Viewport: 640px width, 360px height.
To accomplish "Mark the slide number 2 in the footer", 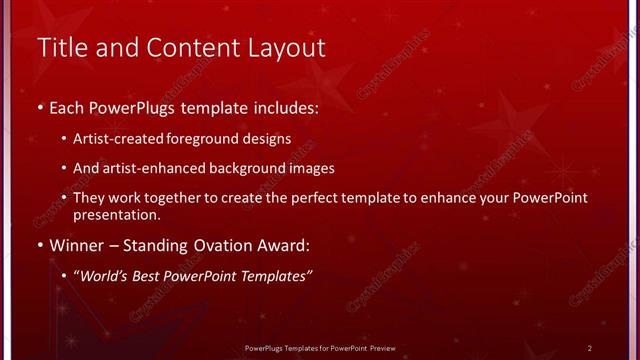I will pyautogui.click(x=590, y=348).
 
